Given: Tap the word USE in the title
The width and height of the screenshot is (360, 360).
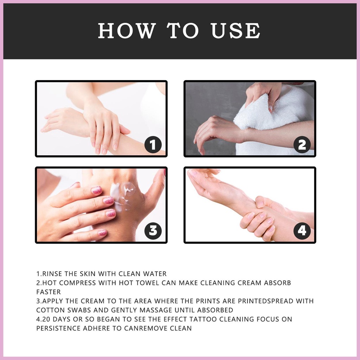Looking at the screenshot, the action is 236,31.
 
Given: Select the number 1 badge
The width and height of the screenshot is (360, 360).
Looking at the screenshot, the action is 153,144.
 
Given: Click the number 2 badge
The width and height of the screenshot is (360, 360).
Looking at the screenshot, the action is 302,144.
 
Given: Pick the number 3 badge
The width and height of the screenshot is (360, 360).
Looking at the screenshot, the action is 153,231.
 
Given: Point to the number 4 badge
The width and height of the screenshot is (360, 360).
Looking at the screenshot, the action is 302,231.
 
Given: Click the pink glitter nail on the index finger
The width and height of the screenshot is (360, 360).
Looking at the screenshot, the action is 96,190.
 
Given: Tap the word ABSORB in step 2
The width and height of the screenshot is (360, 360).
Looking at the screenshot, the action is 277,283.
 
